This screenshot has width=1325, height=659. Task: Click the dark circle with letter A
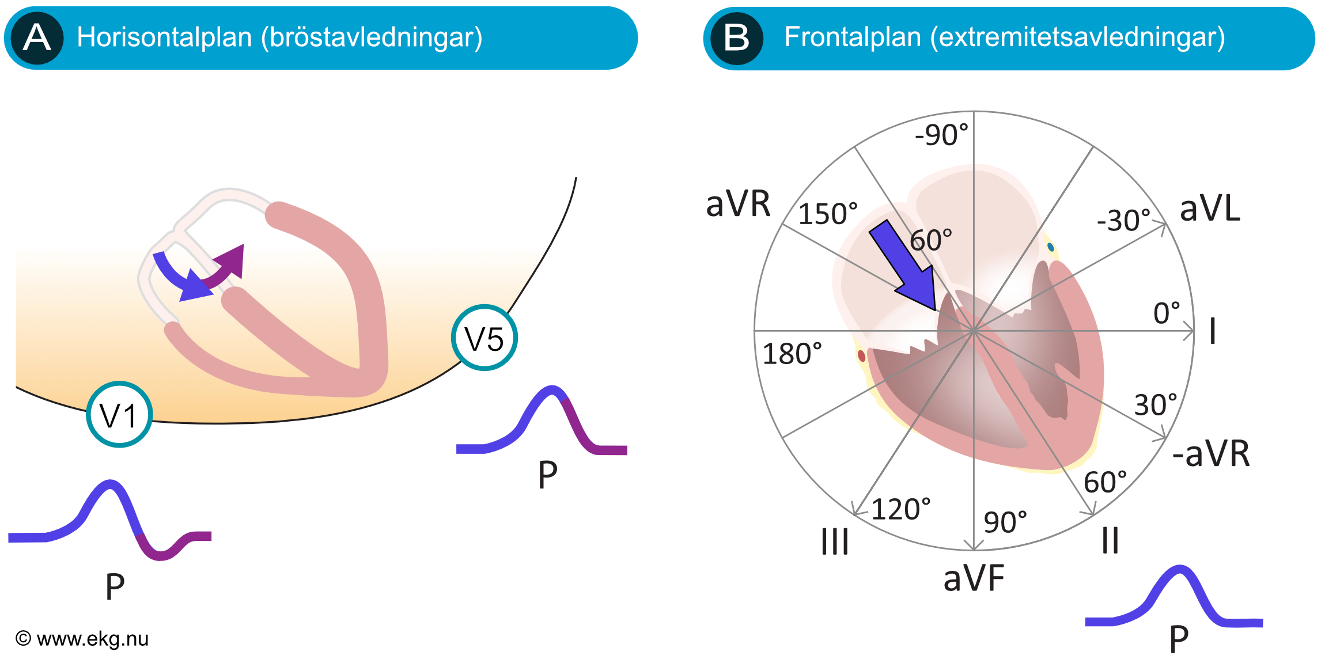pos(37,38)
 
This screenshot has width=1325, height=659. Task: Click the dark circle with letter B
pos(737,39)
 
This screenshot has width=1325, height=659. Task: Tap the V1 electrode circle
pos(119,414)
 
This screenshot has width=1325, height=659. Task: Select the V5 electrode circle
pos(484,338)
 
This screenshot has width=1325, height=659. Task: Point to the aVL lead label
pos(1210,209)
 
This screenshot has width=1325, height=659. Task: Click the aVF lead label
pos(974,578)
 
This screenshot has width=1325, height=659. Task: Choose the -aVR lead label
pos(1211,453)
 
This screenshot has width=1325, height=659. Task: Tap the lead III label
pos(835,541)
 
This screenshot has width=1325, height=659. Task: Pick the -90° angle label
pos(942,135)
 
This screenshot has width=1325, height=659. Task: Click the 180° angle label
pos(792,354)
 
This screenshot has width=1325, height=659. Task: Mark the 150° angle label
pos(828,214)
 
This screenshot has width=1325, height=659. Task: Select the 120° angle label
pos(901,509)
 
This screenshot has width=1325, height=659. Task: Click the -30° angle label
pos(1123,221)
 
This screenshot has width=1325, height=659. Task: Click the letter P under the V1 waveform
pos(115,586)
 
